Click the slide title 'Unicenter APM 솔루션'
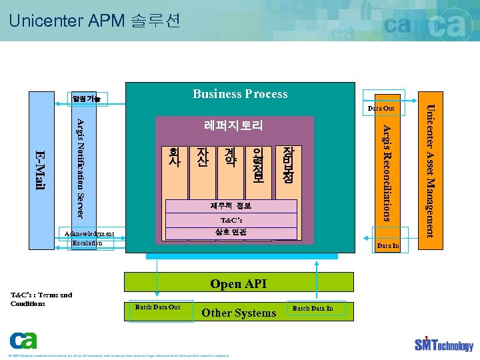point(95,21)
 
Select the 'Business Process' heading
point(240,94)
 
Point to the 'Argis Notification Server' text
point(79,168)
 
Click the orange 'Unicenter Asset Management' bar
point(430,171)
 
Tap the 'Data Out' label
point(381,108)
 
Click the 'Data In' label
point(387,246)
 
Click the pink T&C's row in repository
point(231,220)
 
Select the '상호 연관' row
point(231,233)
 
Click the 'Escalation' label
point(87,243)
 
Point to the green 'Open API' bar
point(238,284)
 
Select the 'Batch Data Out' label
point(157,307)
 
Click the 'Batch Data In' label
point(313,308)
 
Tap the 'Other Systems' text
point(239,313)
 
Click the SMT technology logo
point(443,343)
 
